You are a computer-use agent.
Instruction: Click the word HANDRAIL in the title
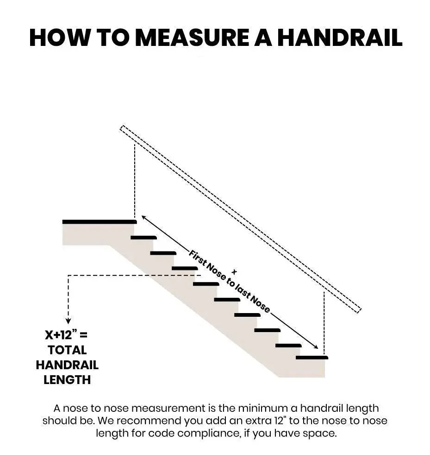point(339,38)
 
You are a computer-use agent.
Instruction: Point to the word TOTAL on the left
point(67,349)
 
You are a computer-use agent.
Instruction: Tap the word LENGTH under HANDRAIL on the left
point(67,379)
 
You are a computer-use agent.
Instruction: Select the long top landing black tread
point(99,222)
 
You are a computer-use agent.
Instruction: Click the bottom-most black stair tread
point(312,358)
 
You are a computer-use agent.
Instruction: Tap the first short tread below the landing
point(143,237)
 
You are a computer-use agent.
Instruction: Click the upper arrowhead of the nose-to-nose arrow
point(143,217)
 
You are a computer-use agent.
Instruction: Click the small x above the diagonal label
point(234,271)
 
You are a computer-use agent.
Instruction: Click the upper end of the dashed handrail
point(123,128)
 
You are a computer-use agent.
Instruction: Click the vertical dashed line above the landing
point(135,181)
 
